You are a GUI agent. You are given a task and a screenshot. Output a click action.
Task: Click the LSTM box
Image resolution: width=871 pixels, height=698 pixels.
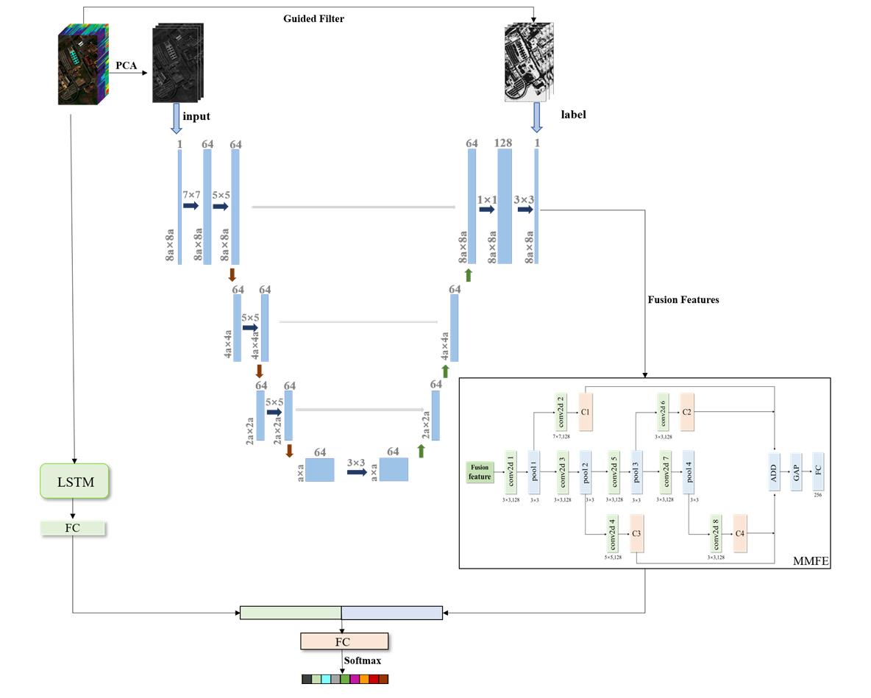click(74, 482)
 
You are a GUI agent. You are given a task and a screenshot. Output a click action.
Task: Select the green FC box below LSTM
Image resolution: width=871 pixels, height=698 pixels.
click(73, 528)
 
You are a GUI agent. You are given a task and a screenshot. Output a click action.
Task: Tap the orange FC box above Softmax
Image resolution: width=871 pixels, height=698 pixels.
click(344, 641)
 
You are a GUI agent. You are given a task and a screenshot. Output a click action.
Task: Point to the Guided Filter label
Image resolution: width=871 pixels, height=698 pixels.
click(313, 18)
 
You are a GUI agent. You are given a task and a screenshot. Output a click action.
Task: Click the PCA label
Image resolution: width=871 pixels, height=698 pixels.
click(126, 65)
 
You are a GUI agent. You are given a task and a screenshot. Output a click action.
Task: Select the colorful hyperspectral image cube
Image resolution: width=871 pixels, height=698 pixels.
click(83, 64)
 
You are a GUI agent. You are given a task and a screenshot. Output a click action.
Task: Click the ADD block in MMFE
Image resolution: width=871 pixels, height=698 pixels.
click(774, 471)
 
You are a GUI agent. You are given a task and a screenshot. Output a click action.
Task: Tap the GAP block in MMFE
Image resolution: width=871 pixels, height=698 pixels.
click(795, 471)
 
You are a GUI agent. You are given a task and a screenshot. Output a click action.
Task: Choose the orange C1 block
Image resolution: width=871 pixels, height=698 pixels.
click(586, 412)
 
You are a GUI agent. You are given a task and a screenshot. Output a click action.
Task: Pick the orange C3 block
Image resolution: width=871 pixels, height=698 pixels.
click(637, 533)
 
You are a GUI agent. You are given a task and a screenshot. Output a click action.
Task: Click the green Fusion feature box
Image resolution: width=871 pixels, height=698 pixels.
click(479, 472)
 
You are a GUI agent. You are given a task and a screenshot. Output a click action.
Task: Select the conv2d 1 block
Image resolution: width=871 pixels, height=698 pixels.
click(510, 471)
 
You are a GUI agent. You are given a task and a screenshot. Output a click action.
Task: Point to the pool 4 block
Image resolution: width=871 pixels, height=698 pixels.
click(689, 471)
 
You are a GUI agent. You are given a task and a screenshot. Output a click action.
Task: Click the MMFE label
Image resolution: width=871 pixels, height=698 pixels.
click(811, 562)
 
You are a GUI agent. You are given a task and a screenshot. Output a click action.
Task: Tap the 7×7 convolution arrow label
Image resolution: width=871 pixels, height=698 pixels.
click(191, 195)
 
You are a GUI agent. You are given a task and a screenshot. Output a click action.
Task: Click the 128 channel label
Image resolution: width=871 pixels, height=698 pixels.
click(504, 143)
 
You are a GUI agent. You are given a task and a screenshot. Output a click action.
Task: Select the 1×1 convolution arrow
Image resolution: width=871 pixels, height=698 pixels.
click(486, 210)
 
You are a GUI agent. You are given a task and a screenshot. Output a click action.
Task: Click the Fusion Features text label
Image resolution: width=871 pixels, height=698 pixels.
click(683, 300)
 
